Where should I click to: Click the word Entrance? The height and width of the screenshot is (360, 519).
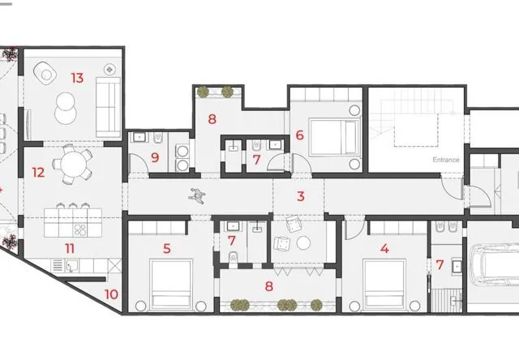tap(446, 160)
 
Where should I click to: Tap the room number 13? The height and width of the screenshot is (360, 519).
tap(77, 78)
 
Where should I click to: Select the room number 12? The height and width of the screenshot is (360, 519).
tap(38, 173)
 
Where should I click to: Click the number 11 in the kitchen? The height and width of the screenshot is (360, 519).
tap(70, 248)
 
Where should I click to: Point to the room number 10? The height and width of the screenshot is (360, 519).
tap(111, 294)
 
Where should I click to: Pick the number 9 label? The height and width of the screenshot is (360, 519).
tap(155, 157)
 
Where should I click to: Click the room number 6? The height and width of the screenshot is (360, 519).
tap(299, 135)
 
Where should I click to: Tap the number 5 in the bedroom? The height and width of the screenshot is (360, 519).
tap(167, 248)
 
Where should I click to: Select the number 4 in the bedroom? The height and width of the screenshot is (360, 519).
tap(384, 248)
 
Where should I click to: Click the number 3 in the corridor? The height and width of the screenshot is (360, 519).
tap(301, 196)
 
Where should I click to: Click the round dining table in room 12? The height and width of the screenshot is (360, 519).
tap(74, 164)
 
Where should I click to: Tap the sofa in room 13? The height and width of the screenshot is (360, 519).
tap(108, 107)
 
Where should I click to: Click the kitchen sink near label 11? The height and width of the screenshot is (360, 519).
tap(71, 265)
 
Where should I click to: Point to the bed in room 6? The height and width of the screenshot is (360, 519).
tap(334, 137)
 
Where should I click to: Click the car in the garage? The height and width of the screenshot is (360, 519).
tap(494, 265)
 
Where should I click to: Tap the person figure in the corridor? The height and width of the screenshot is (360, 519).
tap(197, 196)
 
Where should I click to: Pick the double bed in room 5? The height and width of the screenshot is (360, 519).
tap(171, 285)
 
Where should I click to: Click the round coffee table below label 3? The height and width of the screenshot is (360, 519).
tap(303, 243)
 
